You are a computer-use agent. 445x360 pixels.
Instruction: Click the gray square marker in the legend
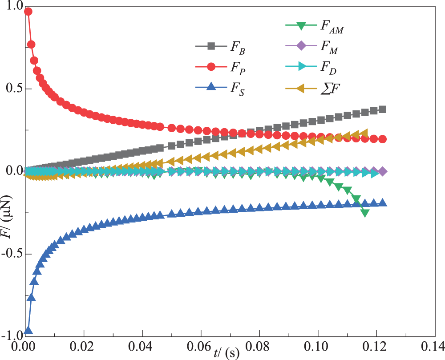pos(211,46)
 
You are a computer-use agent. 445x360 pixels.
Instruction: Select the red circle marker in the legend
pos(211,67)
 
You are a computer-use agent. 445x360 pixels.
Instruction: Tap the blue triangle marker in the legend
pos(211,87)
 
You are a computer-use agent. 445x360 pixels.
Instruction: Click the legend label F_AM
pos(331,26)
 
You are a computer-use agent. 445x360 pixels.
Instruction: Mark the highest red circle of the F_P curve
pos(28,12)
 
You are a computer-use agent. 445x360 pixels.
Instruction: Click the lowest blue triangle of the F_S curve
pos(28,330)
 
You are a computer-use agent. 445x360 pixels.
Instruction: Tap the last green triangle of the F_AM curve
pos(365,213)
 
